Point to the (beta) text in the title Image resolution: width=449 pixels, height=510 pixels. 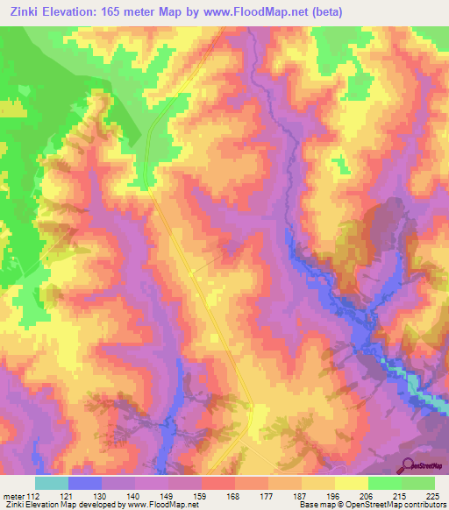(324, 11)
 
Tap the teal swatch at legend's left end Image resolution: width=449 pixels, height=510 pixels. (52, 483)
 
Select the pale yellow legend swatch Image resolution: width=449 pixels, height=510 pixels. (352, 483)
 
